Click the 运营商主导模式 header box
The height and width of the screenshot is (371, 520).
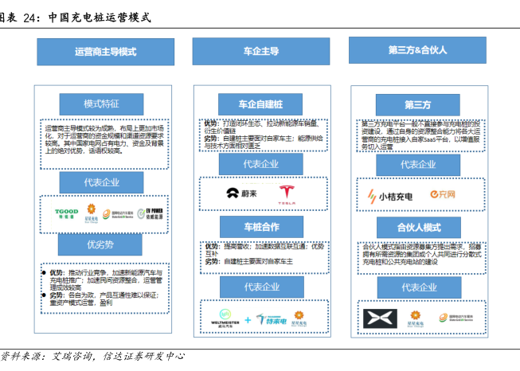(105, 52)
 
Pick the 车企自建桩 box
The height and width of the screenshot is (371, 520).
(261, 104)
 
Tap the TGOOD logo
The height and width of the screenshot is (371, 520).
(65, 213)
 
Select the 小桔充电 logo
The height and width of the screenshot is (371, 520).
(389, 194)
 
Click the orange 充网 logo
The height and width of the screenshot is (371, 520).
(442, 194)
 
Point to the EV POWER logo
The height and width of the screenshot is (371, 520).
(149, 213)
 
